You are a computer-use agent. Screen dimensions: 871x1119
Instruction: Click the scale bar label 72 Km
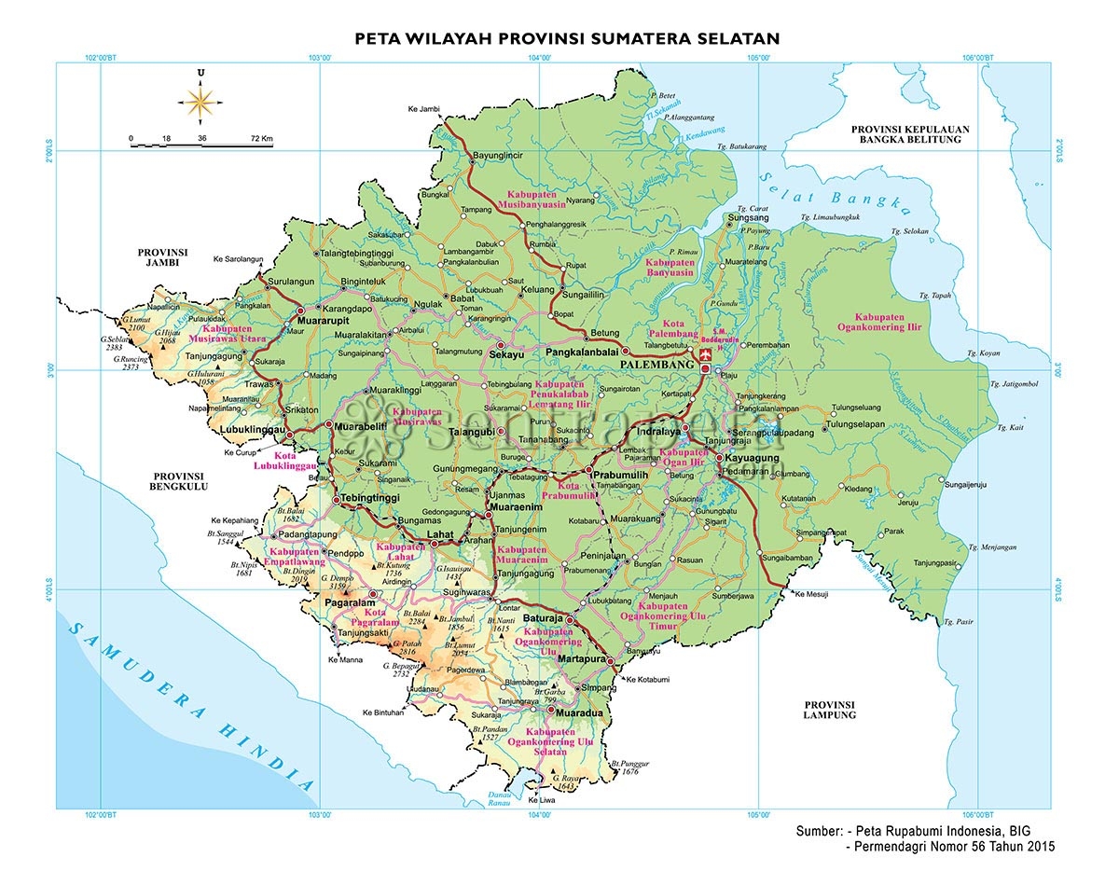(261, 138)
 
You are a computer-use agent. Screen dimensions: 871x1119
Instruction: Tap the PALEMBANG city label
(657, 365)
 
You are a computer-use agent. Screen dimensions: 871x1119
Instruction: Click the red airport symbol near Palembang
(704, 355)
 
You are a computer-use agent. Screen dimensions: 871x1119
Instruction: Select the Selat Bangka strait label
(833, 197)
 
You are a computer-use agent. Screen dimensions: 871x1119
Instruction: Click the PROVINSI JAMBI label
(163, 257)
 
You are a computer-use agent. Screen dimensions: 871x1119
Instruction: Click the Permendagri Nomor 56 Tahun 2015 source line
(949, 847)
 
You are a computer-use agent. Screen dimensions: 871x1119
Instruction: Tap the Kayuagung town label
(755, 459)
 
